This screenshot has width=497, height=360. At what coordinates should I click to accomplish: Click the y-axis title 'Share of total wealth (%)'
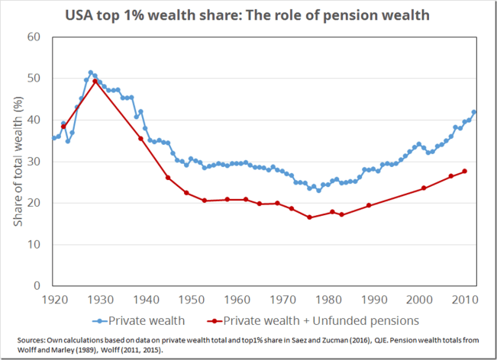click(18, 161)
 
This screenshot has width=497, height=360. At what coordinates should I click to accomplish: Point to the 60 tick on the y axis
click(36, 37)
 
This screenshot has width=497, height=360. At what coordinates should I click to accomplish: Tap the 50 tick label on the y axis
click(36, 79)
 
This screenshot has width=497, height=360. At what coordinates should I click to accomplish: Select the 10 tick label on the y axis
click(36, 244)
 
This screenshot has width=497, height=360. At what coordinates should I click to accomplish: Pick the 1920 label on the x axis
click(53, 299)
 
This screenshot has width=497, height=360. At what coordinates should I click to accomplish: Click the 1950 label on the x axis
click(191, 299)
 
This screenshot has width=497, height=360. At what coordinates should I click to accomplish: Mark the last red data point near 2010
click(465, 171)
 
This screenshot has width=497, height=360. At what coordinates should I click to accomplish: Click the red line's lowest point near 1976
click(309, 217)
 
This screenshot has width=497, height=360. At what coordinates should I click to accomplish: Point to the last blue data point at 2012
click(474, 112)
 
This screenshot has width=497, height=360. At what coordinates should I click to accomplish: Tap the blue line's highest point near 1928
click(90, 72)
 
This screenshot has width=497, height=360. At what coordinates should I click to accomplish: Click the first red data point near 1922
click(63, 127)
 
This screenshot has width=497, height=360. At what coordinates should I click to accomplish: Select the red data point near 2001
click(424, 188)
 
